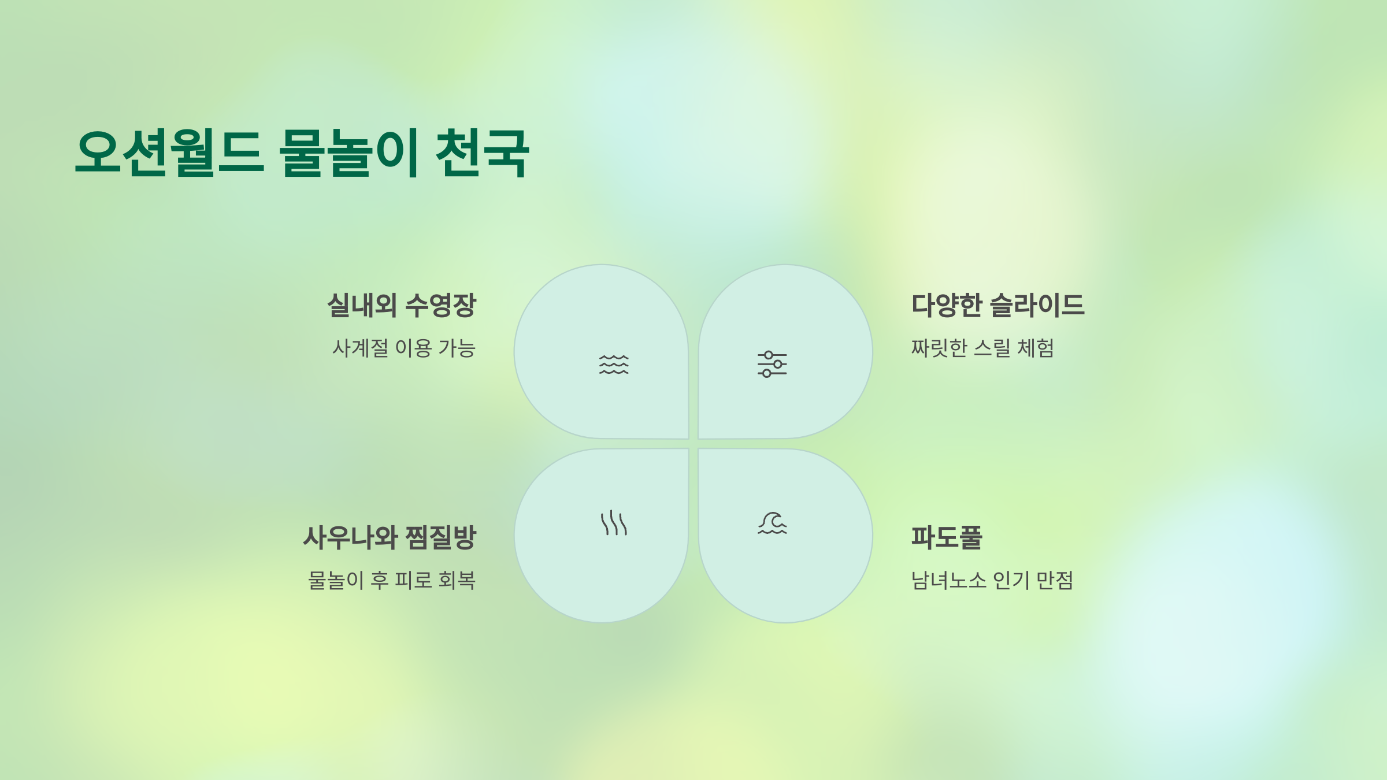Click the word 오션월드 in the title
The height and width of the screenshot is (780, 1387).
click(170, 153)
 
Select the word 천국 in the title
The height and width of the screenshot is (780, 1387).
click(482, 153)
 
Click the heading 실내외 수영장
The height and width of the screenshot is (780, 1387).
click(401, 305)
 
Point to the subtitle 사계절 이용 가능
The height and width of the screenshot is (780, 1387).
click(403, 348)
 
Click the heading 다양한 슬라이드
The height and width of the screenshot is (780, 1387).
click(998, 305)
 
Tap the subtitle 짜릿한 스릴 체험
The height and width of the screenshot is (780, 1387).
click(982, 348)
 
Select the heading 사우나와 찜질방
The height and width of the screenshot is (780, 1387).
click(390, 537)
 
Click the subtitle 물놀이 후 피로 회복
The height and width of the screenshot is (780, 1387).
click(392, 580)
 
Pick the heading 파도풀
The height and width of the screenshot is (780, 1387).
click(947, 537)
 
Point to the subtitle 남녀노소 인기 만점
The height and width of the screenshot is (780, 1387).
click(992, 580)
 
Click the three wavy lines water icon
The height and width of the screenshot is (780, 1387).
click(614, 365)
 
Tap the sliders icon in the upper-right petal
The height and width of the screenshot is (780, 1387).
click(772, 364)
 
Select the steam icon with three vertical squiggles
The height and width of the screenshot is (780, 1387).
click(614, 523)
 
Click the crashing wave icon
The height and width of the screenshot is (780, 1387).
click(772, 523)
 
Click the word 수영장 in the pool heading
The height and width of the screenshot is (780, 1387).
click(440, 305)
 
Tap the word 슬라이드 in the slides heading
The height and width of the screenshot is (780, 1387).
click(1037, 305)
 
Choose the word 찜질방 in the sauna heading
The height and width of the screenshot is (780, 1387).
click(440, 537)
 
